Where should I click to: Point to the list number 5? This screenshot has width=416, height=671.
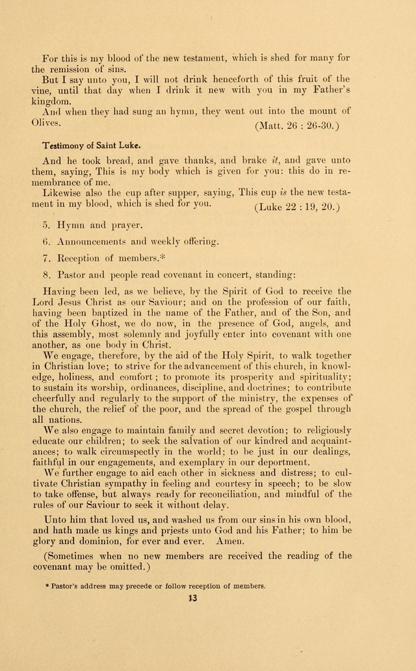pyautogui.click(x=45, y=225)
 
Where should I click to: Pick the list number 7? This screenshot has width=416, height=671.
pyautogui.click(x=45, y=257)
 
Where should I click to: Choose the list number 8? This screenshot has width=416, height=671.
pyautogui.click(x=45, y=273)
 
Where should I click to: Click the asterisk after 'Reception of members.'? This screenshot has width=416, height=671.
pyautogui.click(x=162, y=256)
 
